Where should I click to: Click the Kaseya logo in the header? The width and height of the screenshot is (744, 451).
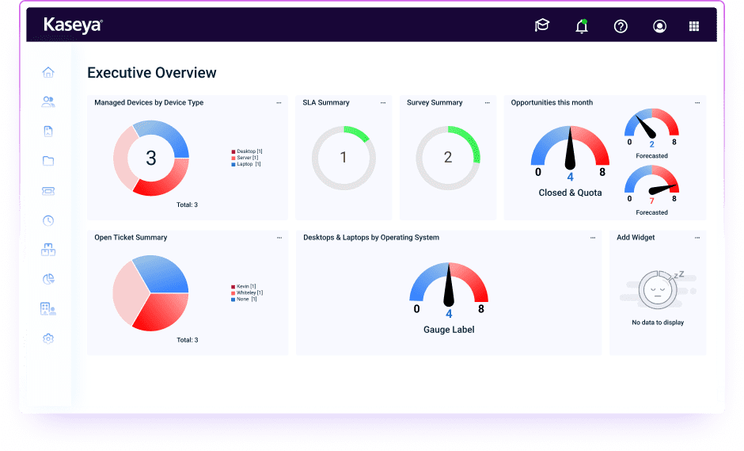pos(73,25)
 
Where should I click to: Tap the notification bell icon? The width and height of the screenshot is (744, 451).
pos(582,26)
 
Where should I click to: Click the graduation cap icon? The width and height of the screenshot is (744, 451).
pos(542,26)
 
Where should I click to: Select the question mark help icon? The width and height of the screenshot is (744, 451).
pos(621,26)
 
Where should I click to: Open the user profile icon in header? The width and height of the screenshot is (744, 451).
pos(659,26)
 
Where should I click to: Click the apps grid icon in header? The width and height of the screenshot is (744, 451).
pos(694,26)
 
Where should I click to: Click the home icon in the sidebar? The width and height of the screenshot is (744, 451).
pos(48,72)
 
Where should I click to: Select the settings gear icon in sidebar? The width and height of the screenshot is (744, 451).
pos(48,338)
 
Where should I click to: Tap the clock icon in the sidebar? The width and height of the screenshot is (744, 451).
pos(48,220)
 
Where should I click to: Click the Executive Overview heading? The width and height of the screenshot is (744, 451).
pos(151,73)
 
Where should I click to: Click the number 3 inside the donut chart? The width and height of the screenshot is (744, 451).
pos(151,159)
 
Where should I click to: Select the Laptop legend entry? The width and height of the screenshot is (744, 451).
pos(248,164)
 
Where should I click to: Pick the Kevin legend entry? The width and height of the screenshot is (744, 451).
pos(245,286)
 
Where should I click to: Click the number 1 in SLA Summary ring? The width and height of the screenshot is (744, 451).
pos(344,158)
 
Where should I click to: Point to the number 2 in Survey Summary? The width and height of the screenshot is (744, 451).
pos(448,158)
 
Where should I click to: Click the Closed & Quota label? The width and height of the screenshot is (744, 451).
pos(570,193)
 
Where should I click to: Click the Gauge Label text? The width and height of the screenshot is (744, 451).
pos(449,330)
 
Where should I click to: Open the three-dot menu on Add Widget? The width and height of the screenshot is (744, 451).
pos(697,238)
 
